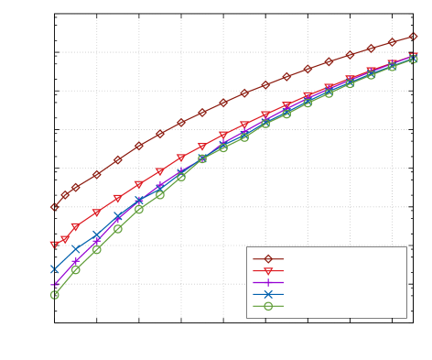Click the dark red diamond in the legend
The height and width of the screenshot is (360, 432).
pos(268,259)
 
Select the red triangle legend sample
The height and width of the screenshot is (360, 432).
pos(268,271)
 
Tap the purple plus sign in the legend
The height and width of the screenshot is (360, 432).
pos(268,283)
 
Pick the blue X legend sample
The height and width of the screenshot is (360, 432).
pos(268,294)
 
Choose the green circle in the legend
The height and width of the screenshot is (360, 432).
pos(268,306)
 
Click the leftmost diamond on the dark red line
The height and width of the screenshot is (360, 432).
pos(54,207)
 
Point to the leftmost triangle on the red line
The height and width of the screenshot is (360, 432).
pos(54,245)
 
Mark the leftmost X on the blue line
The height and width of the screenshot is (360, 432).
pos(54,269)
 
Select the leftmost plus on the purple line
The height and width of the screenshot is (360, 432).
pos(54,285)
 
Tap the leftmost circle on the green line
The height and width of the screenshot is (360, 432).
pos(54,295)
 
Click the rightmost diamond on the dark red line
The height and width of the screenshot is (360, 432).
pos(413,37)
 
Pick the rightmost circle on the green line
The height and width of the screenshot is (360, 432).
pos(413,59)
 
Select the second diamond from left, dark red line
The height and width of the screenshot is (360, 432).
pos(65,195)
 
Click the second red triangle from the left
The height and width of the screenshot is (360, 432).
pos(65,239)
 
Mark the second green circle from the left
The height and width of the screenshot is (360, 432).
pos(75,269)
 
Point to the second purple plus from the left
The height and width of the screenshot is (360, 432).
pos(75,263)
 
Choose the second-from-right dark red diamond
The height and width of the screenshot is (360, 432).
pos(392,42)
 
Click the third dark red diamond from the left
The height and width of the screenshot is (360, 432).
pos(75,187)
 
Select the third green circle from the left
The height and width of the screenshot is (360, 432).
pos(96,249)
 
